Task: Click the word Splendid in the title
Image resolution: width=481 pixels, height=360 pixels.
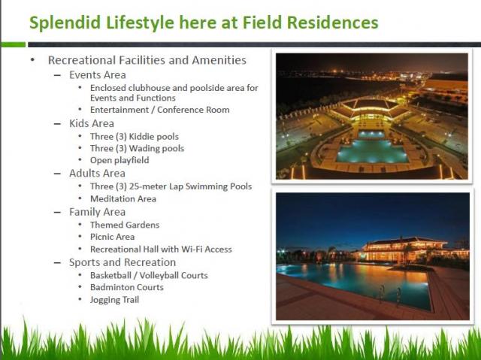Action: click(65, 23)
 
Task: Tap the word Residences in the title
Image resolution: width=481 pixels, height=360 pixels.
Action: click(332, 23)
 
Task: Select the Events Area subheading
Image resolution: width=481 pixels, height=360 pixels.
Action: click(98, 75)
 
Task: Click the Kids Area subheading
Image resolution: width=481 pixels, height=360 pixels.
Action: click(92, 123)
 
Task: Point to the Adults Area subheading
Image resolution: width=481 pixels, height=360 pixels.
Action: click(97, 174)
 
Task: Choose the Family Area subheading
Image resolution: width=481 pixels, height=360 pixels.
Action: click(97, 212)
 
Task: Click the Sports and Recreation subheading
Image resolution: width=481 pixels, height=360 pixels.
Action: click(123, 262)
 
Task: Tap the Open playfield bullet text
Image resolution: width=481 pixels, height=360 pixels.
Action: click(119, 160)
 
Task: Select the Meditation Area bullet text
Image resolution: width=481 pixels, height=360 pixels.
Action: click(123, 198)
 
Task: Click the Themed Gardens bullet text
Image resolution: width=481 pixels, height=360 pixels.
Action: click(125, 225)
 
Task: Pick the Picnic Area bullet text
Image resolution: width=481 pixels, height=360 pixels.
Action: click(112, 237)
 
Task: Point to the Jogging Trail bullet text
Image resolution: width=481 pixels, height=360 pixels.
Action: click(114, 300)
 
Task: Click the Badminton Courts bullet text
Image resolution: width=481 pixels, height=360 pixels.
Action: click(127, 287)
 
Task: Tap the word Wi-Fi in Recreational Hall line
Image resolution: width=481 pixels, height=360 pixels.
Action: click(192, 249)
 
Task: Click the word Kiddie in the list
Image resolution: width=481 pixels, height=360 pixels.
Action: click(142, 137)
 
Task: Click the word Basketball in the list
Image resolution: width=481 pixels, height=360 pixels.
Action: click(110, 275)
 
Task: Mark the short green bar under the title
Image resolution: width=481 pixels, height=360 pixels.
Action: click(13, 45)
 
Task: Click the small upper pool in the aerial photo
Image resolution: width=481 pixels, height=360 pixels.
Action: click(371, 135)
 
